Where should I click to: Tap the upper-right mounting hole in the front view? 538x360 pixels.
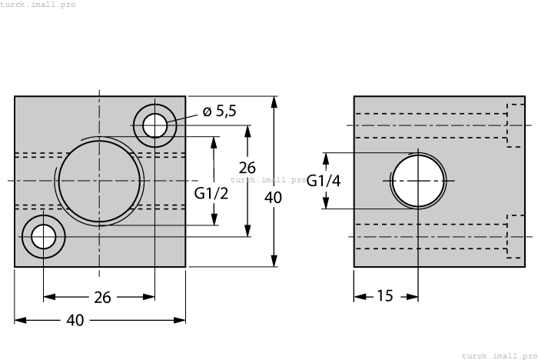[x=154, y=125]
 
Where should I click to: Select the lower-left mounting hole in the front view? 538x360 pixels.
[x=44, y=237]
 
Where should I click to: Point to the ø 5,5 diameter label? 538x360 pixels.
[x=219, y=112]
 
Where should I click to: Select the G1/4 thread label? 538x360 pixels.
[x=323, y=181]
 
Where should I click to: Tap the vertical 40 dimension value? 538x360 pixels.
[x=273, y=197]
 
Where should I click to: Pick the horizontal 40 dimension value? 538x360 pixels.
[x=75, y=321]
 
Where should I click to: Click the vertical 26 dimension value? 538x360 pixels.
[x=247, y=167]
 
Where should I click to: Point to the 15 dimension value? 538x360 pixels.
[x=386, y=296]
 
